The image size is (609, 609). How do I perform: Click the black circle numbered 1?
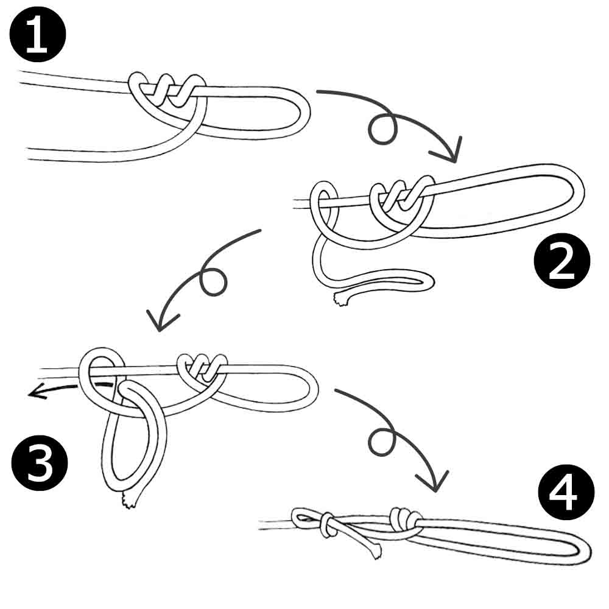tap(38, 34)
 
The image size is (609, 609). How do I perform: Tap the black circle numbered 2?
tap(562, 261)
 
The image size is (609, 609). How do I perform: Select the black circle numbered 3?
tap(40, 463)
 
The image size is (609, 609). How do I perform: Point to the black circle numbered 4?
tap(566, 492)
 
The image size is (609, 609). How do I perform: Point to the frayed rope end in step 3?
tap(128, 501)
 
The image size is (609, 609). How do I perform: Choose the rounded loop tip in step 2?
tap(579, 190)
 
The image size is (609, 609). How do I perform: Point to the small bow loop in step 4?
tap(305, 518)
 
